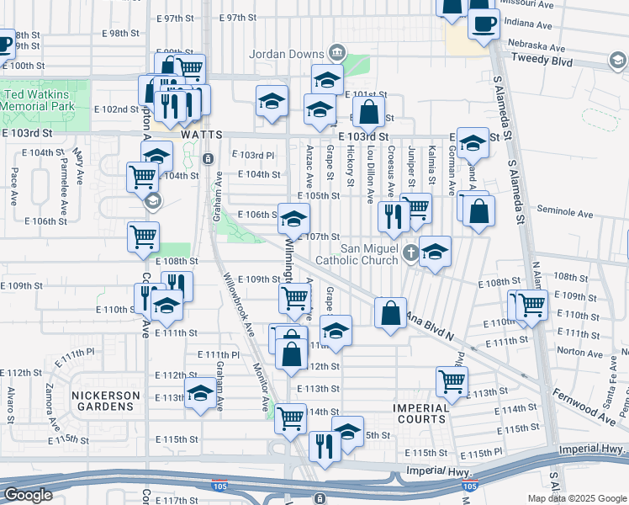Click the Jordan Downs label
[288, 54]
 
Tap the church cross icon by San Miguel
[410, 252]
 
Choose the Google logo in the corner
[28, 495]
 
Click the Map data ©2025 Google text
[577, 498]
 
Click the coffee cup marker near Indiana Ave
[483, 24]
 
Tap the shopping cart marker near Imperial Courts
[452, 381]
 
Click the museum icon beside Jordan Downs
[336, 53]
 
